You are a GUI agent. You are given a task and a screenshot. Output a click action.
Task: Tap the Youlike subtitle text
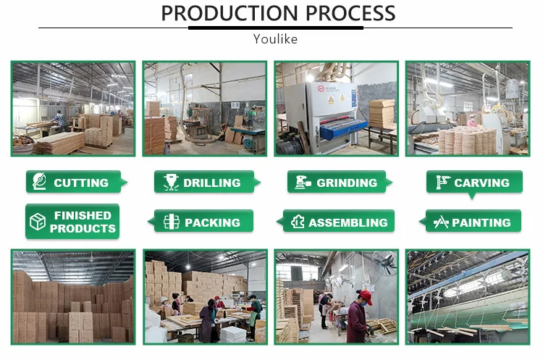click(275, 39)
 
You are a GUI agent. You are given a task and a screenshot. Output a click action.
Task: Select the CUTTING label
click(81, 183)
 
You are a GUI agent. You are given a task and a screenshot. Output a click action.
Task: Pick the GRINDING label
click(347, 183)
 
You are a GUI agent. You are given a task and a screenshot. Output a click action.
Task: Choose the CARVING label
click(481, 183)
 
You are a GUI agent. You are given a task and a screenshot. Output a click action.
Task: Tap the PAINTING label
click(481, 222)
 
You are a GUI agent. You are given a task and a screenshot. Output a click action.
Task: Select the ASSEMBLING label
click(348, 222)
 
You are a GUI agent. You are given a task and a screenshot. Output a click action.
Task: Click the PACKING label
click(212, 222)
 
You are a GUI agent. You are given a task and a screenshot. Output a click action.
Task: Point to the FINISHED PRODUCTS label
click(83, 222)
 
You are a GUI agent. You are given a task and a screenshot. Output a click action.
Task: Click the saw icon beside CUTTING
click(38, 183)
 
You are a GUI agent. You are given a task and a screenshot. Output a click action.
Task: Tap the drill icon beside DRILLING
click(171, 183)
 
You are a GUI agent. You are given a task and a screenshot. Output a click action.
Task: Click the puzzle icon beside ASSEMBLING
click(296, 222)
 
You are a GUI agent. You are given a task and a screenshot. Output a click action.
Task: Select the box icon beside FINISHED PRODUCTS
click(36, 222)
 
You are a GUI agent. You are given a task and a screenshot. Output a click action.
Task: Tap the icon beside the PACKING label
click(171, 222)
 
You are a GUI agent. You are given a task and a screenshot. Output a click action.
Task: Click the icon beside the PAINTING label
click(440, 222)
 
